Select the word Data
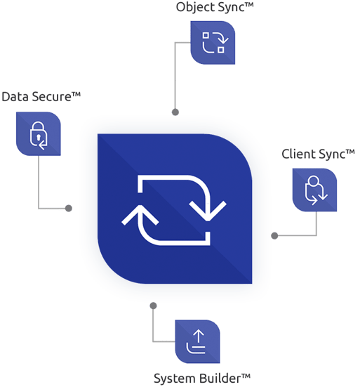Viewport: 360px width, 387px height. point(15,96)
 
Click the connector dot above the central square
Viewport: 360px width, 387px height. point(175,112)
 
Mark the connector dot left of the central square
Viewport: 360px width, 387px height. point(69,208)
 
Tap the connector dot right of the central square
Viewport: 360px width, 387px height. point(273,234)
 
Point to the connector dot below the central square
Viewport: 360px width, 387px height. point(153,305)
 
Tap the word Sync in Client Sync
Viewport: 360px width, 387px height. point(331,153)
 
